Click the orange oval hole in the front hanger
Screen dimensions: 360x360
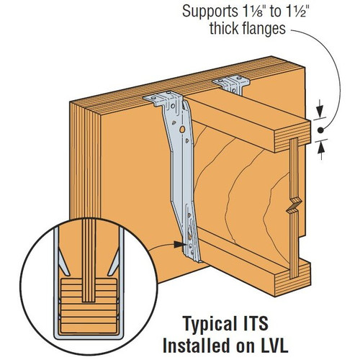click(x=184, y=130)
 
